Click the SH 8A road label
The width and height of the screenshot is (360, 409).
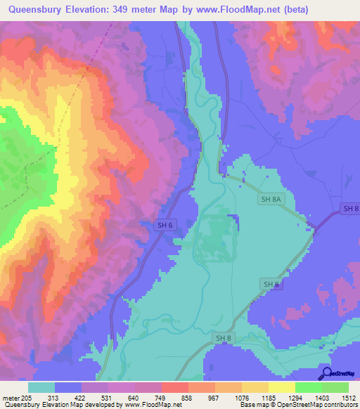[271, 200]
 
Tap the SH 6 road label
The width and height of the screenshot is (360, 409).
[163, 225]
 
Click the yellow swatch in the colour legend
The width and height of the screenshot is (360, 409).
[281, 387]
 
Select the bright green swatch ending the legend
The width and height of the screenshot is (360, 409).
[335, 387]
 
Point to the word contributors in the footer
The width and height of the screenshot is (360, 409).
[340, 405]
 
